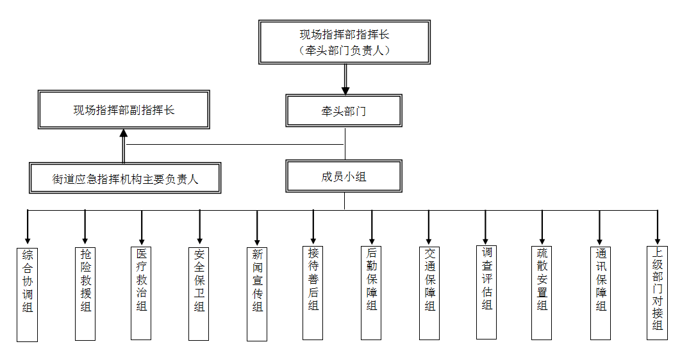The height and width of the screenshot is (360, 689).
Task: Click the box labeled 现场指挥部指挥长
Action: point(344,42)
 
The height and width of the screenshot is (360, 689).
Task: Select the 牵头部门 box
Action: point(344,111)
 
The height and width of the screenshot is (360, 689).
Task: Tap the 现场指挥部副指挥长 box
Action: point(124,110)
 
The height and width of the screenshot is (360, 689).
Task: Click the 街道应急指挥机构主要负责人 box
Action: point(125,178)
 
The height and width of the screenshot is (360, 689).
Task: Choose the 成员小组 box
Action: point(344,176)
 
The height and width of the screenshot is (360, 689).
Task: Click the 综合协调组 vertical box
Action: point(27,294)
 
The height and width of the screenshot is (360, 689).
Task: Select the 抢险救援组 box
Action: point(85,292)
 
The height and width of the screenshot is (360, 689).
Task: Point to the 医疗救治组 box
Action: point(142,293)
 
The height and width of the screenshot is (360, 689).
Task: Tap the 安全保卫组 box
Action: point(199,293)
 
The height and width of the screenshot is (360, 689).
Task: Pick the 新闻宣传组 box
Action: point(257,292)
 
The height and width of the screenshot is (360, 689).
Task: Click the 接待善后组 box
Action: point(313,291)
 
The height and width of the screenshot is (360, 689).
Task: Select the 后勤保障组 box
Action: point(372,293)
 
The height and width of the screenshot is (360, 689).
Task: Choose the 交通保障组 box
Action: point(429,293)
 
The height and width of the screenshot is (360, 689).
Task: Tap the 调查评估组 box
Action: point(486,291)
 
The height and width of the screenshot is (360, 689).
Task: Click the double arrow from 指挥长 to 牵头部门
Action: point(345,79)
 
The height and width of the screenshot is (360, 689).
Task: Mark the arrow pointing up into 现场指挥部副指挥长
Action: point(124,146)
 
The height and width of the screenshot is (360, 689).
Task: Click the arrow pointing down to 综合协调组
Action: point(28,227)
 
